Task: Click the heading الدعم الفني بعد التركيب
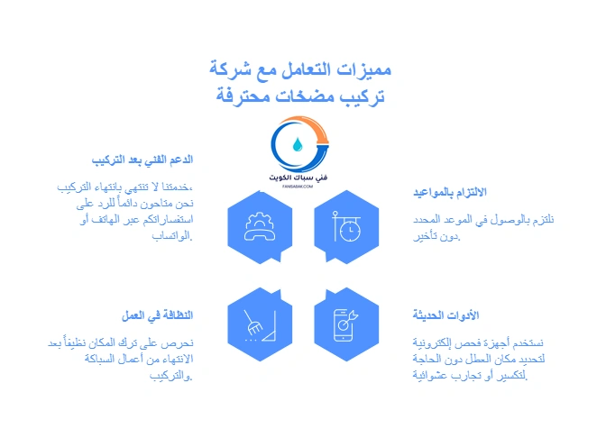coord(143,160)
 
